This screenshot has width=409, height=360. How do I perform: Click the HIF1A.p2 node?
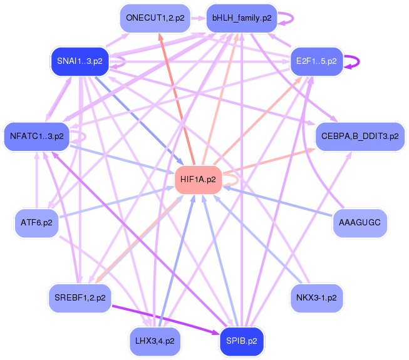click(x=199, y=180)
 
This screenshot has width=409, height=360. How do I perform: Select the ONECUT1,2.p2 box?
click(x=155, y=18)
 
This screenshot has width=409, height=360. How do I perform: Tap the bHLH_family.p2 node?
click(x=242, y=18)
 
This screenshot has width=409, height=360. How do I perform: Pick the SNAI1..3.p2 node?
click(x=80, y=61)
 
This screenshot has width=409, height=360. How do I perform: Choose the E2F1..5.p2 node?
click(x=316, y=61)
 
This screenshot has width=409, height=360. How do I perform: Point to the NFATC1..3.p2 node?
click(x=37, y=136)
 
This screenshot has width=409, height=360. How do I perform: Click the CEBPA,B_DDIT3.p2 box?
click(x=360, y=136)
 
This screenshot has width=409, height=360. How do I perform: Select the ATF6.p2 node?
click(x=36, y=223)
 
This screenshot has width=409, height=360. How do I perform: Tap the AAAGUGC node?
click(x=360, y=223)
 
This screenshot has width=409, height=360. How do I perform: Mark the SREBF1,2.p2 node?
click(x=80, y=298)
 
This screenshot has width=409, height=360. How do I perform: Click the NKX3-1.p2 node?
click(x=316, y=298)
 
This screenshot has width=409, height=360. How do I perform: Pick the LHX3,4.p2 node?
click(x=155, y=341)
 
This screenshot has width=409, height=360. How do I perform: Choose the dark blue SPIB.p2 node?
click(x=242, y=341)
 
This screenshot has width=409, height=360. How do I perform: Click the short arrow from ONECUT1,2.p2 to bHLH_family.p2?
click(x=199, y=18)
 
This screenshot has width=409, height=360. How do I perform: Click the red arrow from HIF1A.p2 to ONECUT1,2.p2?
click(x=177, y=99)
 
